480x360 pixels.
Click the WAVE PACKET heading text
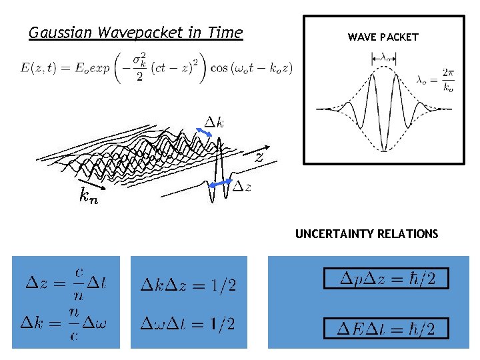tap(383, 37)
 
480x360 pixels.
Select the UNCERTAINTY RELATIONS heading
tap(367, 234)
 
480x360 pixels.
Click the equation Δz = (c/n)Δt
tap(65, 283)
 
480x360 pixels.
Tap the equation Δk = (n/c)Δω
tap(65, 324)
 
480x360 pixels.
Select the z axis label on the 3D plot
tap(259, 158)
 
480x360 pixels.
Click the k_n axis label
tap(88, 196)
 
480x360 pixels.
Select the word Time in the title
tap(225, 33)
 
